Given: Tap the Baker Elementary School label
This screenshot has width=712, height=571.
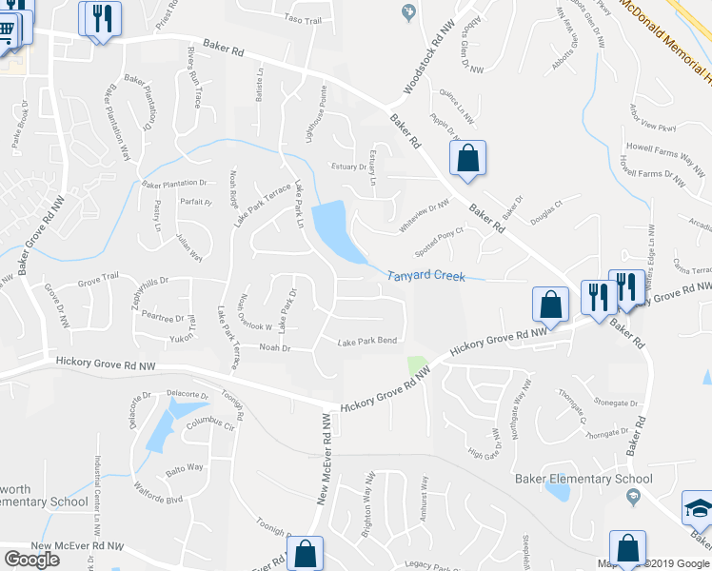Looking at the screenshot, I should pyautogui.click(x=583, y=479).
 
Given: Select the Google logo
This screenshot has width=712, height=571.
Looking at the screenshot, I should pyautogui.click(x=31, y=559).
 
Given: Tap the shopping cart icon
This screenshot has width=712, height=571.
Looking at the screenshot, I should pyautogui.click(x=6, y=29).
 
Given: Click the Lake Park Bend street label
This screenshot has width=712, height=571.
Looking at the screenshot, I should pyautogui.click(x=366, y=341).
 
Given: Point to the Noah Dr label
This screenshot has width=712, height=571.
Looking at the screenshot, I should pyautogui.click(x=273, y=348).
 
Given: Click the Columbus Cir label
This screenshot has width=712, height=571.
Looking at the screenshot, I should pyautogui.click(x=209, y=425).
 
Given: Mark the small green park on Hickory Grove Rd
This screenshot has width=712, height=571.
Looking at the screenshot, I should pyautogui.click(x=416, y=365).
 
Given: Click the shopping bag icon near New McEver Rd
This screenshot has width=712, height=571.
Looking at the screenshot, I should pyautogui.click(x=306, y=553).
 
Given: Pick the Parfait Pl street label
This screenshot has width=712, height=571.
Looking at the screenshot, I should pyautogui.click(x=195, y=202).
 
